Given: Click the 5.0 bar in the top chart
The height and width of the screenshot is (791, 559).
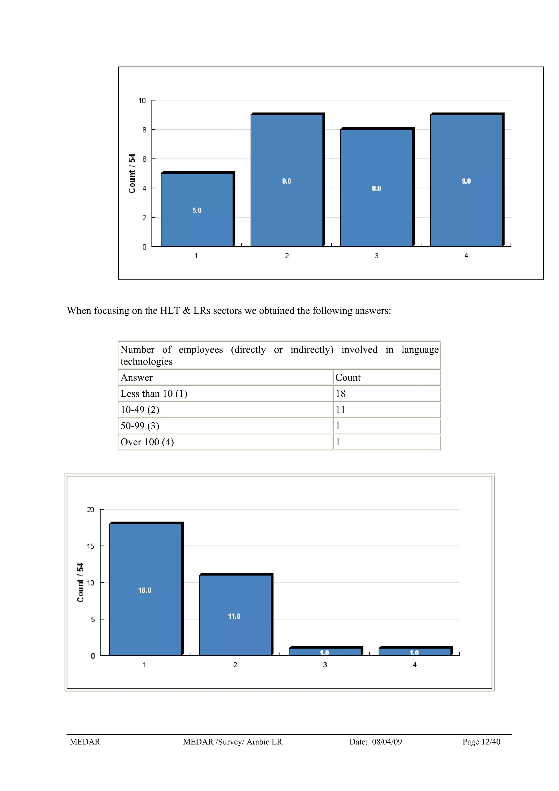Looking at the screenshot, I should point(197,210).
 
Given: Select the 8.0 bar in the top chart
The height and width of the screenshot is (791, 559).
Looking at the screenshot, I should point(376,188).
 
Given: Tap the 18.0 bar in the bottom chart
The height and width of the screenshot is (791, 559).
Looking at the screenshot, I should point(145,590).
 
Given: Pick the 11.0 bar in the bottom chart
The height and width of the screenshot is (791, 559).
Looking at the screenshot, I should point(234,616).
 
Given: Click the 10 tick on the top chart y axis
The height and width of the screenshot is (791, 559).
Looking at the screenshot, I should point(142,100).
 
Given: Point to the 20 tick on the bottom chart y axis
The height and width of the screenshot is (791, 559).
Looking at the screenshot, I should point(90,509).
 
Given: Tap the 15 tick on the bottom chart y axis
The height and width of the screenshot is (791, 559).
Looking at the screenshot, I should point(90,546).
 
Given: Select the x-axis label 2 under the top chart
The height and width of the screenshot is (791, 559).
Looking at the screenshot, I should point(287,256).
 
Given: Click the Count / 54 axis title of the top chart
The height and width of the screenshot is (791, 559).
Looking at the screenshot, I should point(132,173).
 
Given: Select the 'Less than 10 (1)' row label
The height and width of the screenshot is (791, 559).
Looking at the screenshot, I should point(154,393).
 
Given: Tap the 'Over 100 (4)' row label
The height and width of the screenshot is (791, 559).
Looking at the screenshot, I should point(147,442).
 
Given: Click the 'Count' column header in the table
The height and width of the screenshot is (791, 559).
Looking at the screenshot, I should point(348,378).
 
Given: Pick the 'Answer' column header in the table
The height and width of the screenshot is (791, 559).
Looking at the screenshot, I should point(136,378).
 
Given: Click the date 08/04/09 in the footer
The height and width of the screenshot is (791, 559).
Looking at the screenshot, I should point(387,742).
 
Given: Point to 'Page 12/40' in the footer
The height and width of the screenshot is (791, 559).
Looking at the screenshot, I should point(481,742).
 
